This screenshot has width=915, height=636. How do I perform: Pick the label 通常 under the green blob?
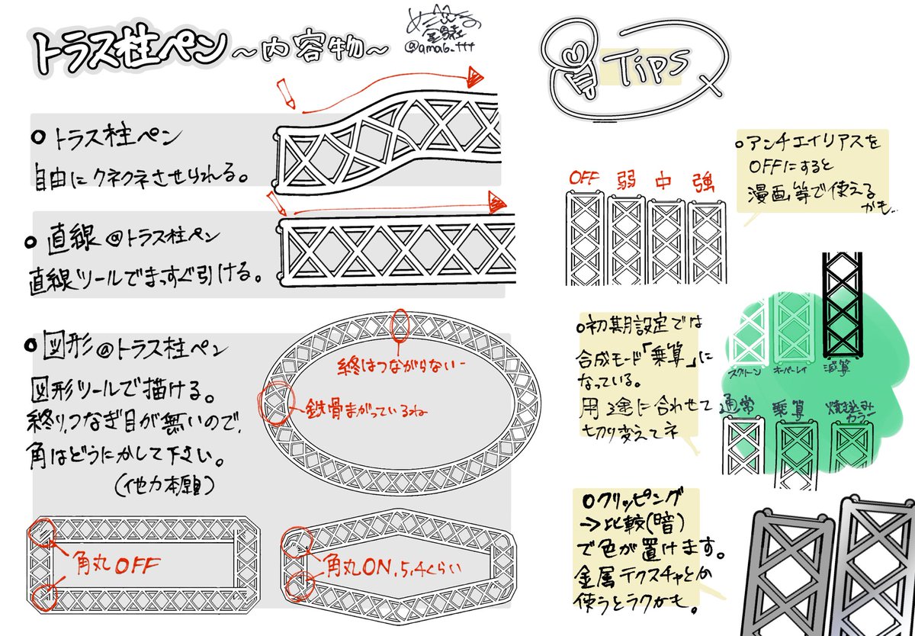click(x=737, y=408)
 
